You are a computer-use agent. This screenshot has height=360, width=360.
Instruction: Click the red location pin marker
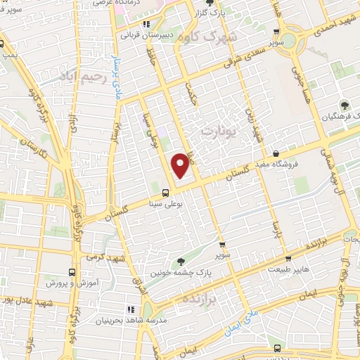181,167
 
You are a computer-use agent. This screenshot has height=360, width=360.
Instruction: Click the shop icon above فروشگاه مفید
276,153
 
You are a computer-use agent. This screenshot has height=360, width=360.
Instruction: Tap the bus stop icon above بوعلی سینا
165,192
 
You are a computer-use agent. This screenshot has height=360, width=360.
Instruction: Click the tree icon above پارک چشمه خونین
181,261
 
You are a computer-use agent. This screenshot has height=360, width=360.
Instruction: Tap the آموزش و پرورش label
71,283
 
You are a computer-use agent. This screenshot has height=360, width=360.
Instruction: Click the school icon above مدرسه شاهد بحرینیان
131,309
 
